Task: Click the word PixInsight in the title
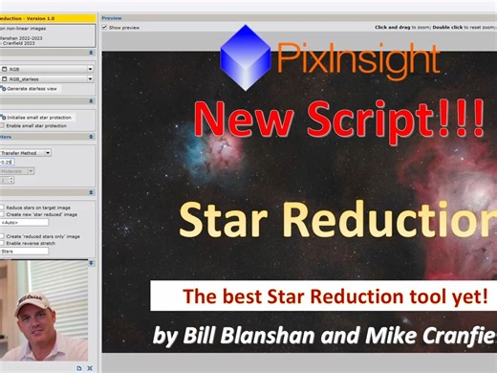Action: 357,60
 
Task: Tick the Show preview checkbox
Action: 104,28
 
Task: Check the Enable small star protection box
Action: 4,125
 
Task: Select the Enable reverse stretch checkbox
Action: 4,243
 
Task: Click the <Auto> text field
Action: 24,223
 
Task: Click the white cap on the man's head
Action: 34,301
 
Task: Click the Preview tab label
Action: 112,18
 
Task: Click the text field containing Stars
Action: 24,252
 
